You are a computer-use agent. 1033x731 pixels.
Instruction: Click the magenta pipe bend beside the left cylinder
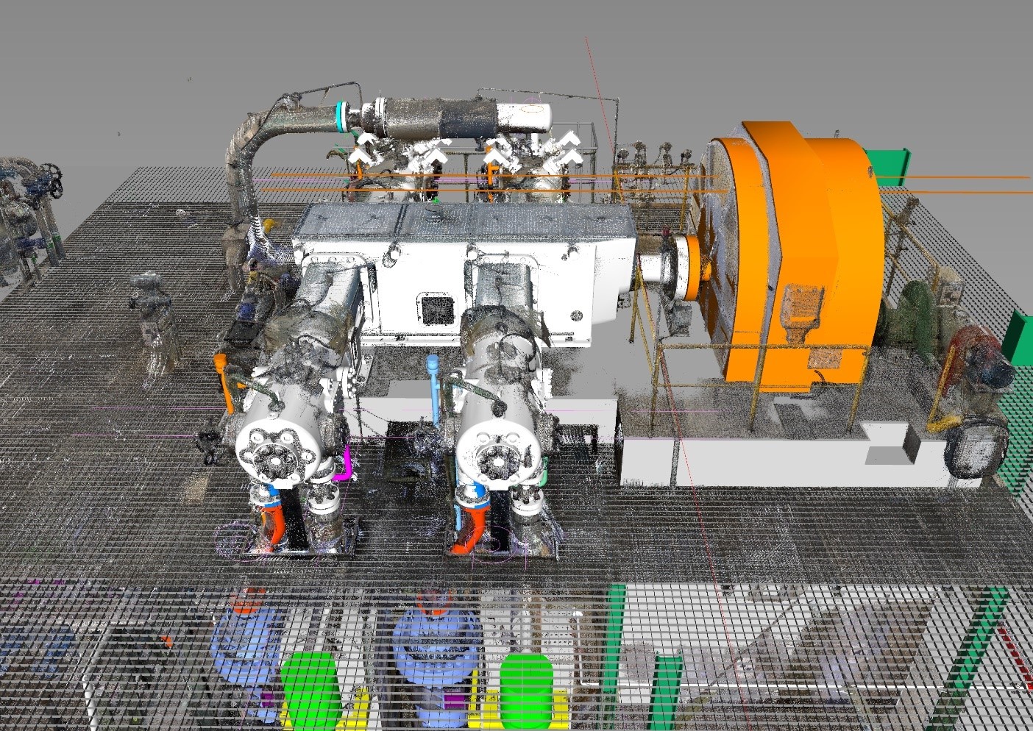[x=344, y=463]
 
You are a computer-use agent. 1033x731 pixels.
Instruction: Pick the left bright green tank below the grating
[x=310, y=689]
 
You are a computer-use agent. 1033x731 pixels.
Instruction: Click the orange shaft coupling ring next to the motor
[x=689, y=268]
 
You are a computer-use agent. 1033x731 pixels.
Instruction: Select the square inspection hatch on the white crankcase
[x=436, y=308]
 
